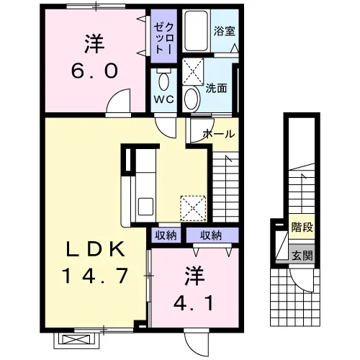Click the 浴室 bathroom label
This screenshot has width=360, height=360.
click(224, 31)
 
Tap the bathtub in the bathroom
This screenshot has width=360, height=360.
click(196, 31)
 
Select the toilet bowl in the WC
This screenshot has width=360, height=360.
click(163, 80)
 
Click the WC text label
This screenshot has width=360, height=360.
click(163, 99)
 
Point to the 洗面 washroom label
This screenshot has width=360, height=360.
click(216, 89)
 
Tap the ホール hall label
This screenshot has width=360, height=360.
click(219, 134)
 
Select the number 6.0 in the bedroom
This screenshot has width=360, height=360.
click(94, 71)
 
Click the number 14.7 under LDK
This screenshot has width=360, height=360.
click(95, 276)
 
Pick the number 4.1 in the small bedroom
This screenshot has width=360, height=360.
click(194, 303)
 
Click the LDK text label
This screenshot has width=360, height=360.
click(96, 249)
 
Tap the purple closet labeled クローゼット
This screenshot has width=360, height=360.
click(163, 36)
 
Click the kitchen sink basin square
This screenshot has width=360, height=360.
click(145, 207)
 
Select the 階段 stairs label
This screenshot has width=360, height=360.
click(302, 227)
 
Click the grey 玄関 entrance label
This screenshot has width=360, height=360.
click(302, 254)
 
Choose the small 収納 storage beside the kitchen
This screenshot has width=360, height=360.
click(166, 235)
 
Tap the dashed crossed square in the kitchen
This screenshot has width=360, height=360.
click(193, 208)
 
